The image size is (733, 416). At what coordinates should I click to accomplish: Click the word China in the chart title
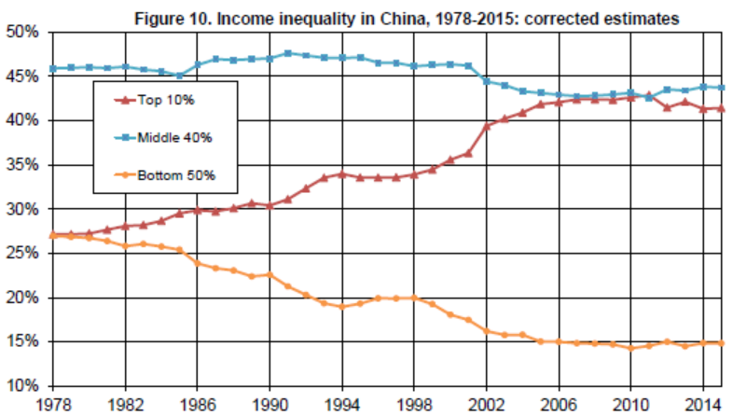pyautogui.click(x=427, y=17)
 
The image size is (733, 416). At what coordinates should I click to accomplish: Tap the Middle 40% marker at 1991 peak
pyautogui.click(x=287, y=53)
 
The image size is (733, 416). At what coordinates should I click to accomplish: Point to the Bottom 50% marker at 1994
pyautogui.click(x=341, y=306)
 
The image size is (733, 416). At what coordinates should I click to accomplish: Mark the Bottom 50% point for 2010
pyautogui.click(x=631, y=348)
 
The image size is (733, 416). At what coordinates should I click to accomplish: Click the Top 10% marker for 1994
pyautogui.click(x=341, y=173)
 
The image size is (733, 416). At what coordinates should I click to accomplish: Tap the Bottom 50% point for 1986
pyautogui.click(x=197, y=263)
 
